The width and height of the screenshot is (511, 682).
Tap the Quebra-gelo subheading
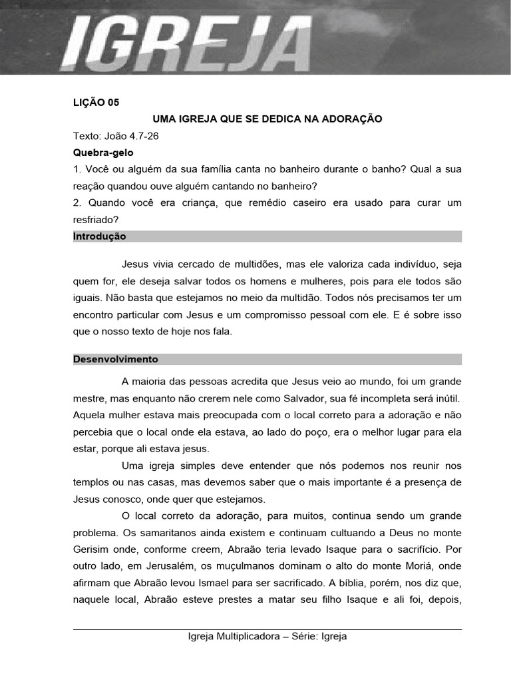click(x=103, y=153)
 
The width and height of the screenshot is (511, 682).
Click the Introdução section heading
click(x=99, y=236)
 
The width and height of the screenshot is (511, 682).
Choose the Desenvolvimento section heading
click(x=115, y=359)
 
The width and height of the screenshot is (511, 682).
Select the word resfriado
click(x=96, y=219)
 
